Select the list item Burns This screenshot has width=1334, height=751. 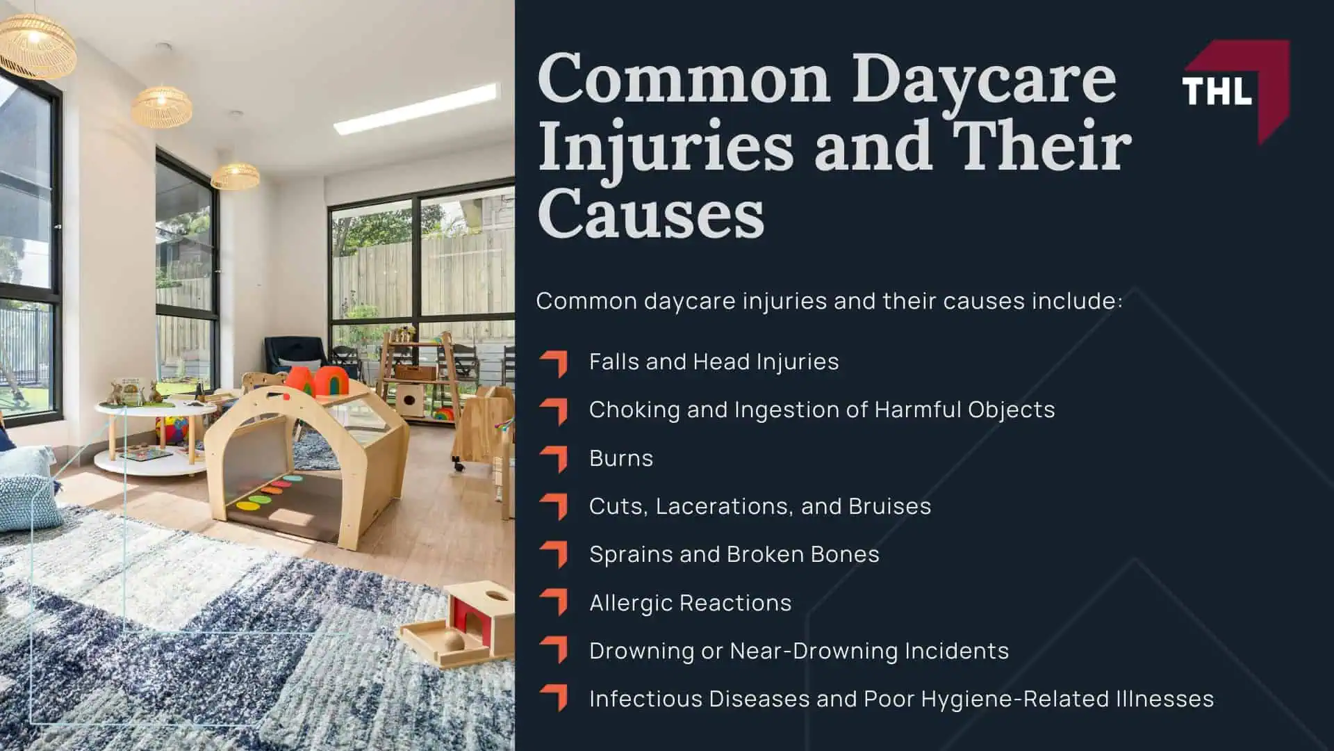tap(621, 458)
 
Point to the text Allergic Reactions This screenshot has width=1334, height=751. tap(690, 603)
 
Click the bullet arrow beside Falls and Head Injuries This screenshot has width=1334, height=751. tap(554, 363)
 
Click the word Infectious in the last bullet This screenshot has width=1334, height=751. tap(641, 699)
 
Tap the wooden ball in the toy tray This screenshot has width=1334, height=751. tap(454, 641)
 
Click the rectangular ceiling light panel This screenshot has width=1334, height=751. tap(417, 108)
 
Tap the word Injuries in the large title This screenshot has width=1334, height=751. tap(665, 146)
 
